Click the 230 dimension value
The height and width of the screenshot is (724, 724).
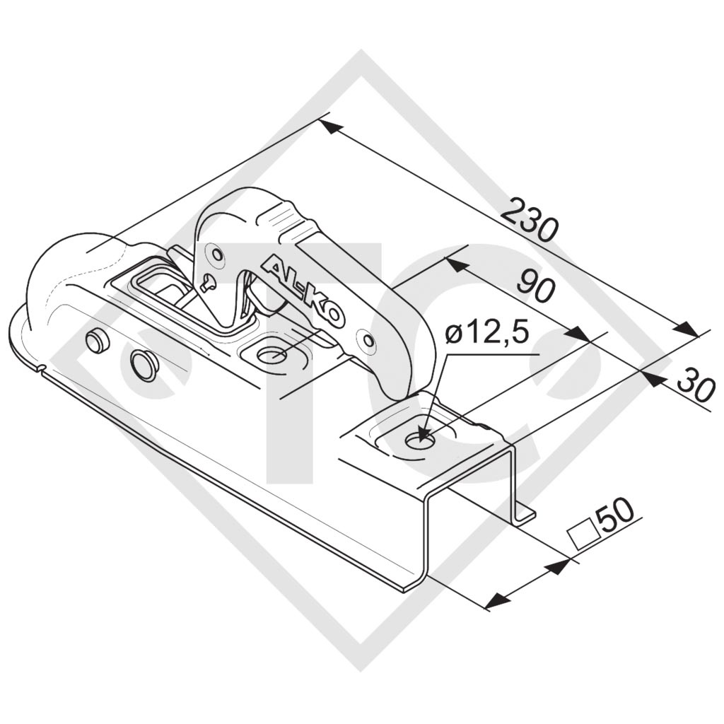tap(530, 221)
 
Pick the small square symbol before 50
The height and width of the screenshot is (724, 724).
tap(583, 532)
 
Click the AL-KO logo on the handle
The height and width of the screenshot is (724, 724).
tap(303, 291)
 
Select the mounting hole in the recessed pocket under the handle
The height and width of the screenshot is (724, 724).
tap(271, 354)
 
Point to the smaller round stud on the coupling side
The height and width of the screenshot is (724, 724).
tap(96, 341)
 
